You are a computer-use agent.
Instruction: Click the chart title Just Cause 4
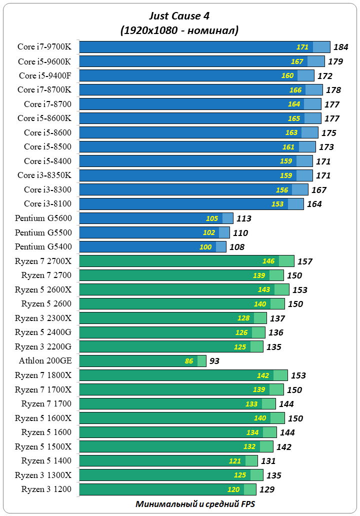point(179,17)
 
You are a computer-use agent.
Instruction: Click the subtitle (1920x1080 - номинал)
point(179,30)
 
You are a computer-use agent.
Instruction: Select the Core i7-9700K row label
point(44,47)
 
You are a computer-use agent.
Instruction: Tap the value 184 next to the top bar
point(340,47)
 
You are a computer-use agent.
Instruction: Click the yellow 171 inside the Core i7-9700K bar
point(302,47)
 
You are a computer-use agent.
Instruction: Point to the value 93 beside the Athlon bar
point(214,361)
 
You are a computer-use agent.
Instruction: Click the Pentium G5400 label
point(43,246)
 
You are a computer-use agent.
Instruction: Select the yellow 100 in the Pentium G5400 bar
point(205,247)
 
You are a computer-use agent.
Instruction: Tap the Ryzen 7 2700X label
point(43,261)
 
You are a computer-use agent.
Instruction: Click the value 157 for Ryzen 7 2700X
point(304,261)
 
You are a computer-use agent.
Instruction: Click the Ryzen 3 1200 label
point(46,489)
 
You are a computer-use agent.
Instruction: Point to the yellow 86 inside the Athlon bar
point(189,361)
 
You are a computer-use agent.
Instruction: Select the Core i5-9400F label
point(45,75)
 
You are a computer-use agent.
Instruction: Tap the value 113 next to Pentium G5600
point(243,218)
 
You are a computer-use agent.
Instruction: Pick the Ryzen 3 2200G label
point(43,346)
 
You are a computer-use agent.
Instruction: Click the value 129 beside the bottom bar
point(266,489)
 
